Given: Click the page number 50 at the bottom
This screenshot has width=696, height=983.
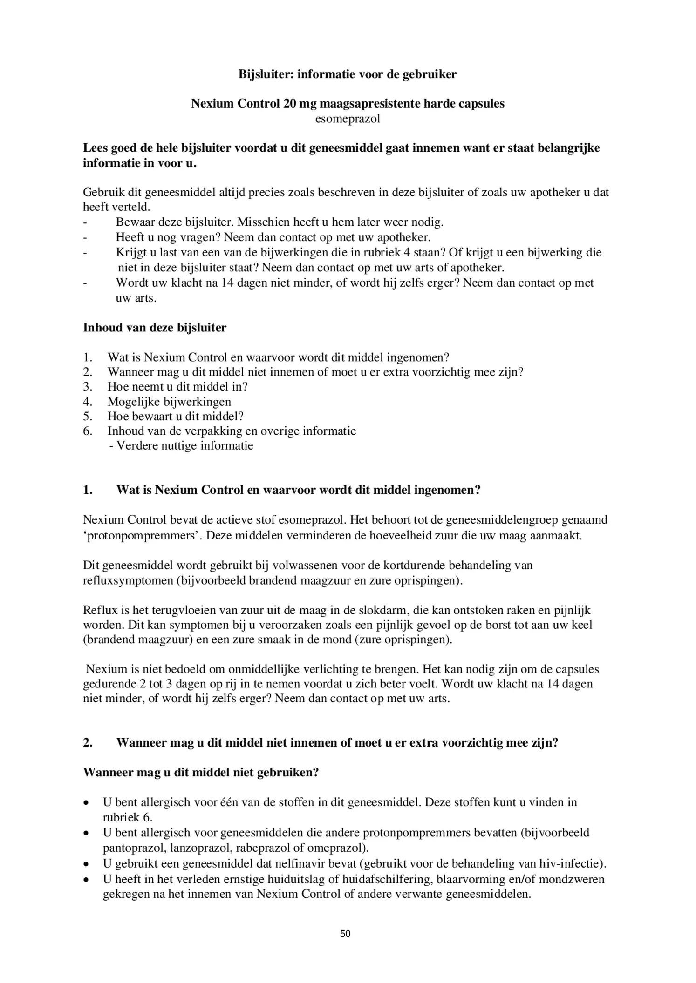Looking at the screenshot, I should coord(345,934).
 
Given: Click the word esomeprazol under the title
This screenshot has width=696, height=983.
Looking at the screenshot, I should coord(348,119).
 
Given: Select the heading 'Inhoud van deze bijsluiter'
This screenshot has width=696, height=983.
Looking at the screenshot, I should coord(155,328).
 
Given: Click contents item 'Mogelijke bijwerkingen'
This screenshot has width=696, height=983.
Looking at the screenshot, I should coord(169,401).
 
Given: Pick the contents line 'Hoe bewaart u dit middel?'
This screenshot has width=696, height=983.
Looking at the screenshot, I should coord(176,416).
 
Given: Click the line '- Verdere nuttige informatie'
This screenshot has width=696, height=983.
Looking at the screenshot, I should coord(181,446).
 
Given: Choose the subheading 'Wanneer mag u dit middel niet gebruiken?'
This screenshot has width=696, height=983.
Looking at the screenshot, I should coord(201,772).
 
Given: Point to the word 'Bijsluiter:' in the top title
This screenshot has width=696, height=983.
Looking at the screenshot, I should coord(266,74).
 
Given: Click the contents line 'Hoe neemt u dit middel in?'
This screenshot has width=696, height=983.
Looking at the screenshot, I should coord(177,386).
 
